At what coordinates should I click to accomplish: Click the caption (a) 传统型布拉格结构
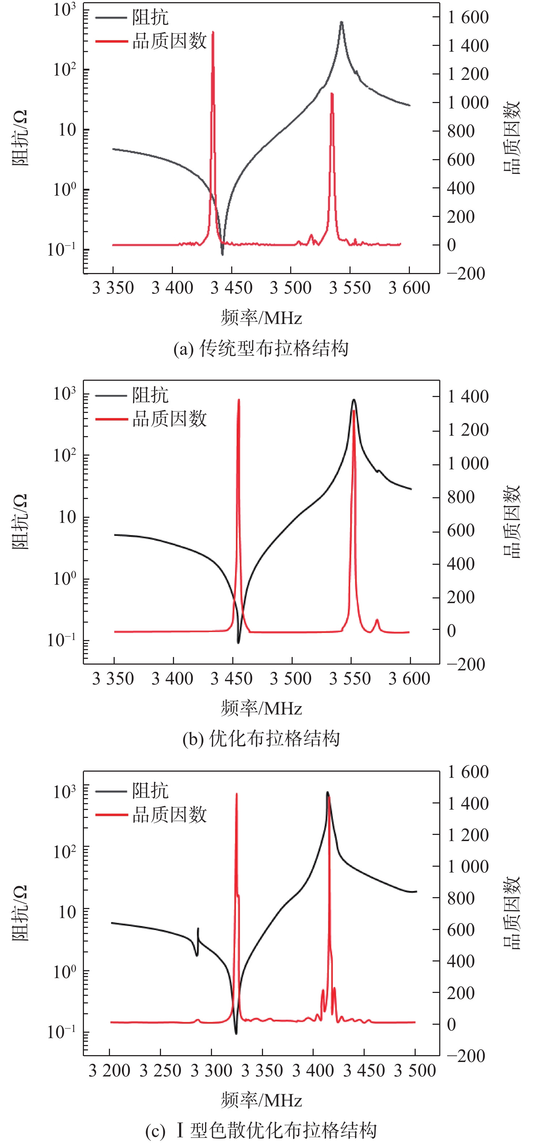coord(261,349)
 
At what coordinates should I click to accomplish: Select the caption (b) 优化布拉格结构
coord(261,739)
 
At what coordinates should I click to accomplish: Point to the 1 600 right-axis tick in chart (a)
coord(468,17)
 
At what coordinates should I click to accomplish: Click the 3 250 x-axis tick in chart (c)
coord(160,1071)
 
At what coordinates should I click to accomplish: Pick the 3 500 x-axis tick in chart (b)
coord(291,679)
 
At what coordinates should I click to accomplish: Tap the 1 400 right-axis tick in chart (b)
coord(468,397)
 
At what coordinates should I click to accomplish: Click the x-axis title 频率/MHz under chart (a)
coord(261,318)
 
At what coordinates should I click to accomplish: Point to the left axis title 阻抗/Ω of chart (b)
coord(20,521)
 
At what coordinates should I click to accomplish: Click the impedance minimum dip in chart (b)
coord(238,642)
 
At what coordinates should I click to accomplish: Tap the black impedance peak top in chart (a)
coord(342,22)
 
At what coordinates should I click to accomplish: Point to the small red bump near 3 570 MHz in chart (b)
coord(377,620)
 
